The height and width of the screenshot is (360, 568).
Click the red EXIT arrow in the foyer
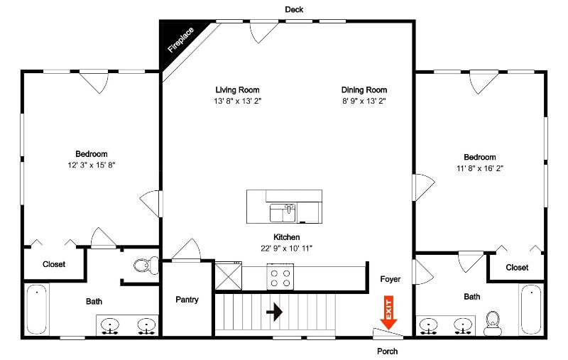point(388,313)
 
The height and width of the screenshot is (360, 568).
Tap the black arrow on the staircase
point(274,312)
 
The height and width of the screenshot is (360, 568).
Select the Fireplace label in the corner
point(181,40)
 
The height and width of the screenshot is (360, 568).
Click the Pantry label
point(187,300)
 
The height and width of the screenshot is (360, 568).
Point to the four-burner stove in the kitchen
point(280,277)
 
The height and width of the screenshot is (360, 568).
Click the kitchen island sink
point(283,213)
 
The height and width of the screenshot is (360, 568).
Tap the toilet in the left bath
point(146,266)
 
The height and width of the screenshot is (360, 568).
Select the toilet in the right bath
point(492,323)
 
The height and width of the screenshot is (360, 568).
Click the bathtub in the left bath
point(37,310)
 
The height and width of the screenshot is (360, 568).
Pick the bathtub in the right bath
point(531,310)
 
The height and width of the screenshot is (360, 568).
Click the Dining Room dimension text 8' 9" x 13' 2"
point(364,101)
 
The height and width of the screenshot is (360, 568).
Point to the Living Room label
point(237,89)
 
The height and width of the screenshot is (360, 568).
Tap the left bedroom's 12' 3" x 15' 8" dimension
point(92,165)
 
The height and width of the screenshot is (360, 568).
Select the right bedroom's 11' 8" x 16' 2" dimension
point(480,168)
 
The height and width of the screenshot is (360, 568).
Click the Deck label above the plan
point(294,10)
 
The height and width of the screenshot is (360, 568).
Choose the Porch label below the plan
point(387,351)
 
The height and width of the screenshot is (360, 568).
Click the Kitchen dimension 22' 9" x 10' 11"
point(287,249)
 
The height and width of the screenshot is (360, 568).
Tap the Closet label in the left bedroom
point(54,264)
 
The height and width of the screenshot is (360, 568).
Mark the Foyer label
point(390,279)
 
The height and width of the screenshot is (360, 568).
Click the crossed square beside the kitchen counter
point(228,276)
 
